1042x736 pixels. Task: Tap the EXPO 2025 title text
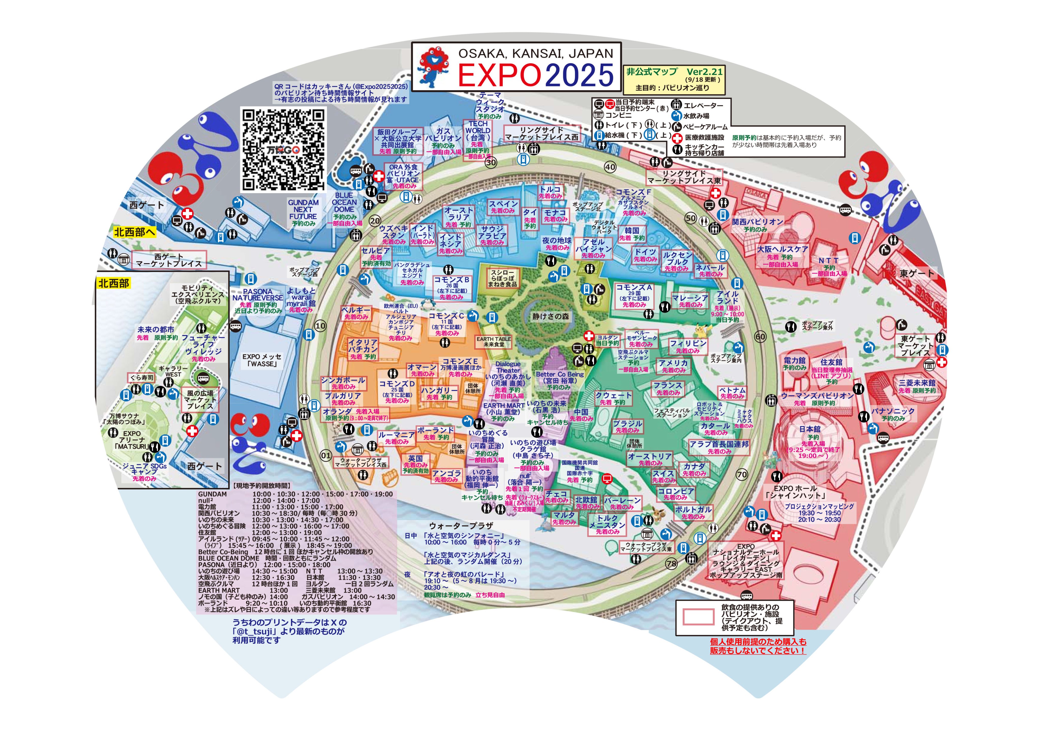point(536,75)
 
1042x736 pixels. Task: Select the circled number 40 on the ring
point(610,167)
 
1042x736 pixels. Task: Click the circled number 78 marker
point(671,564)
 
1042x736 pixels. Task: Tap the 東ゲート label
point(917,274)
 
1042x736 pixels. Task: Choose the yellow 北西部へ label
point(134,232)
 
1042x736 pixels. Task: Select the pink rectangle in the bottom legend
point(698,617)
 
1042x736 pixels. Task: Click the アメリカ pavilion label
point(673,363)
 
